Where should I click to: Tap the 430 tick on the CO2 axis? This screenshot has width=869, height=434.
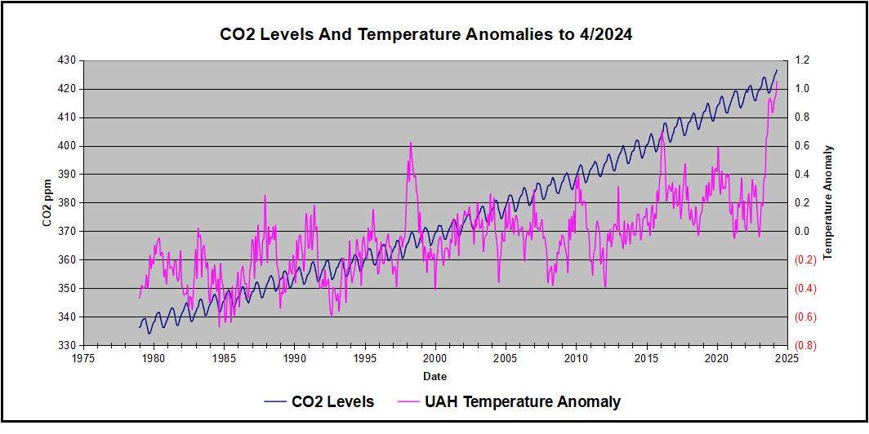click(x=65, y=60)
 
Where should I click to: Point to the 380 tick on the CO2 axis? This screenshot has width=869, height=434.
click(x=65, y=203)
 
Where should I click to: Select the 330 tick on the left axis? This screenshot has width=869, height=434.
click(x=65, y=345)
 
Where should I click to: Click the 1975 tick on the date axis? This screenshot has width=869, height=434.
click(x=83, y=357)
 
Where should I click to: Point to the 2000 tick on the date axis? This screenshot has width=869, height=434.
click(x=435, y=357)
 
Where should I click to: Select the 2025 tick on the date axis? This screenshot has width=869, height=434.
click(x=787, y=357)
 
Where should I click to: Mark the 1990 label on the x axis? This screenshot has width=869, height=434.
click(x=295, y=357)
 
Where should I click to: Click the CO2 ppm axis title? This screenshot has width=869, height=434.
click(x=47, y=203)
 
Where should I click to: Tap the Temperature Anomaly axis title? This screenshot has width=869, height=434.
click(x=827, y=203)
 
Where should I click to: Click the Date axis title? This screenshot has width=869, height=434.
click(x=434, y=376)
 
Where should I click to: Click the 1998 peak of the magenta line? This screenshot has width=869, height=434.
click(x=410, y=143)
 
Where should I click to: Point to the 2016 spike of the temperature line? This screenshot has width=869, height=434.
click(x=662, y=130)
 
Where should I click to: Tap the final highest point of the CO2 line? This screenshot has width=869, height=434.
click(x=777, y=70)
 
